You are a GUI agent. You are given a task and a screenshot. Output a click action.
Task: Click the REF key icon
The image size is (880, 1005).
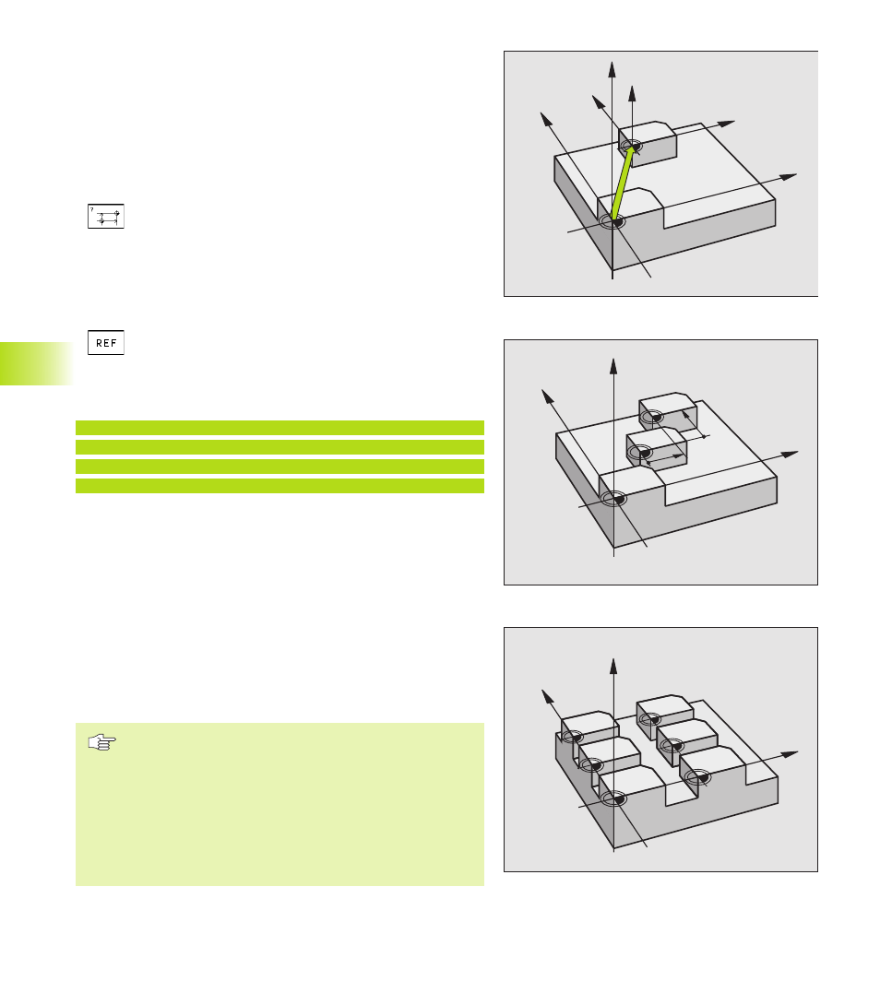(106, 343)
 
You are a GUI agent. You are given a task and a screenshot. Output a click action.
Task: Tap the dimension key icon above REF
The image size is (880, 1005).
(106, 217)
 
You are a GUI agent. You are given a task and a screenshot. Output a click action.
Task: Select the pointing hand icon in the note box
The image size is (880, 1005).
(102, 742)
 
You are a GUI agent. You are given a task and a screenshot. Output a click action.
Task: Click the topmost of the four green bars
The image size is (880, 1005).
(279, 428)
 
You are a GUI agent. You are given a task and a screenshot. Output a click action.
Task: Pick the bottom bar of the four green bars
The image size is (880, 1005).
(279, 486)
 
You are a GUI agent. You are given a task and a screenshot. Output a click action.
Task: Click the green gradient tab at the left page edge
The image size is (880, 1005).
(37, 363)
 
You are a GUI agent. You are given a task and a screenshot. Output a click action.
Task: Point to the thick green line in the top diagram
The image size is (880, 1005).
(623, 184)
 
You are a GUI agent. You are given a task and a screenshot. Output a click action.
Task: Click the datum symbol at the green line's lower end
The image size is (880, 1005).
(613, 222)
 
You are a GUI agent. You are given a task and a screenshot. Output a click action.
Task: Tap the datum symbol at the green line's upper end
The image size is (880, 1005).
(632, 147)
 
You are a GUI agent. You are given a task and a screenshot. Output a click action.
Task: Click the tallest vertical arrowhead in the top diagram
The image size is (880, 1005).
(612, 70)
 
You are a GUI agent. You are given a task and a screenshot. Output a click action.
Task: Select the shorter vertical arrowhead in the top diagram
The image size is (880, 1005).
(632, 93)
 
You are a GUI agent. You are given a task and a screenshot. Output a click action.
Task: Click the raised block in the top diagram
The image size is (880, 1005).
(648, 143)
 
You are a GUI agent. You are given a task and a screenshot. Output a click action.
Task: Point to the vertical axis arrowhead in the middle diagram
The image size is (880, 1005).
(613, 367)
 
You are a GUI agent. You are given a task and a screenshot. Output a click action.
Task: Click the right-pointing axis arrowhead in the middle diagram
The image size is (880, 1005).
(790, 455)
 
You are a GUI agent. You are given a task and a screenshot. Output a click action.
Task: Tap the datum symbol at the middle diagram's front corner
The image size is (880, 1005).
(614, 499)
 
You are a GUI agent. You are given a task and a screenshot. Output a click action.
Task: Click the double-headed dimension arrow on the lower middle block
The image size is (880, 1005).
(664, 458)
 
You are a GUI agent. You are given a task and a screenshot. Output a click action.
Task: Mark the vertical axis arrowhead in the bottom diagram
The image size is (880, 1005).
(613, 666)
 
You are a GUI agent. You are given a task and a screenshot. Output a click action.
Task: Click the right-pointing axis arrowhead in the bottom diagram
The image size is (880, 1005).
(790, 754)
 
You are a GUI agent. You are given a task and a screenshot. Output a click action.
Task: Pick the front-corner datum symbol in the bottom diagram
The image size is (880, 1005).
(614, 798)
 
